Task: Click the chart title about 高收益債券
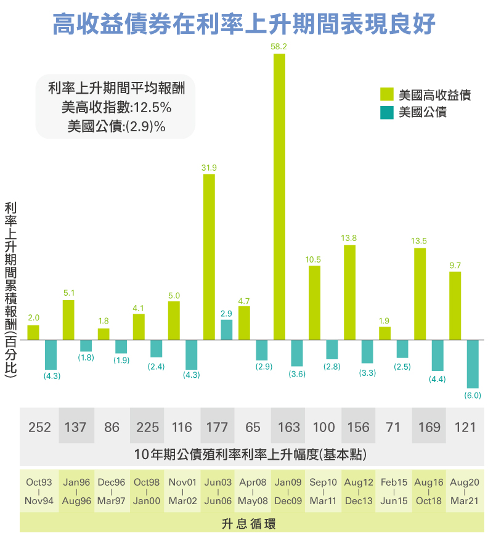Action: [x=244, y=24]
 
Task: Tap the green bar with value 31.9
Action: [x=209, y=256]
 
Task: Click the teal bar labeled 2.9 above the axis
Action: [x=227, y=330]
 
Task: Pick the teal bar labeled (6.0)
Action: [x=473, y=364]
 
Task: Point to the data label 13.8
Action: [x=349, y=238]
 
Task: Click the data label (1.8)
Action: [x=86, y=358]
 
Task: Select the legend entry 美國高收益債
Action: [x=434, y=94]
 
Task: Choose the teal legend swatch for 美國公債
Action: [x=386, y=112]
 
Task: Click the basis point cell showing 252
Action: [x=39, y=426]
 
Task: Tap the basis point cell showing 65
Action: [x=253, y=426]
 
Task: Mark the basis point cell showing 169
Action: [x=429, y=426]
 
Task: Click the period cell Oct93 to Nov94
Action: [x=39, y=491]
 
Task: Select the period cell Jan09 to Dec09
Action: [x=288, y=491]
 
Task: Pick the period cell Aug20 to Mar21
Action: [x=465, y=491]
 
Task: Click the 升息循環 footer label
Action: [x=248, y=524]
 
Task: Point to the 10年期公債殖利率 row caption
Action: [x=250, y=455]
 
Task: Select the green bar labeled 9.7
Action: [x=455, y=306]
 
